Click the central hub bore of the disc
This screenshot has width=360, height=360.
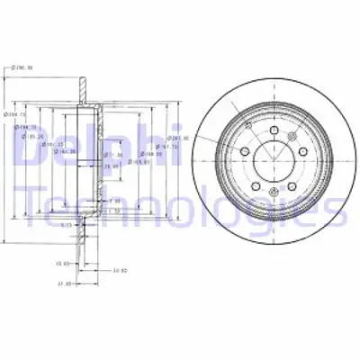coord(267,161)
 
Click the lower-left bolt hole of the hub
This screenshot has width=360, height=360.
coord(252,182)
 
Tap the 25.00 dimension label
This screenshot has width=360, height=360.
coord(112,166)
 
